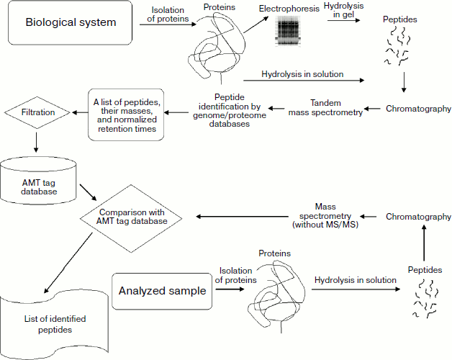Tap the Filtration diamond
[35, 113]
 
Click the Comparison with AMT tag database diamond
[132, 217]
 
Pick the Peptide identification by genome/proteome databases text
[227, 110]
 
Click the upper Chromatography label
[418, 109]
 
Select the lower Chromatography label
[418, 217]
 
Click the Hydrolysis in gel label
[351, 10]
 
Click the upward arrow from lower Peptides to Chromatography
[424, 243]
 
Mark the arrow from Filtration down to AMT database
[35, 143]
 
